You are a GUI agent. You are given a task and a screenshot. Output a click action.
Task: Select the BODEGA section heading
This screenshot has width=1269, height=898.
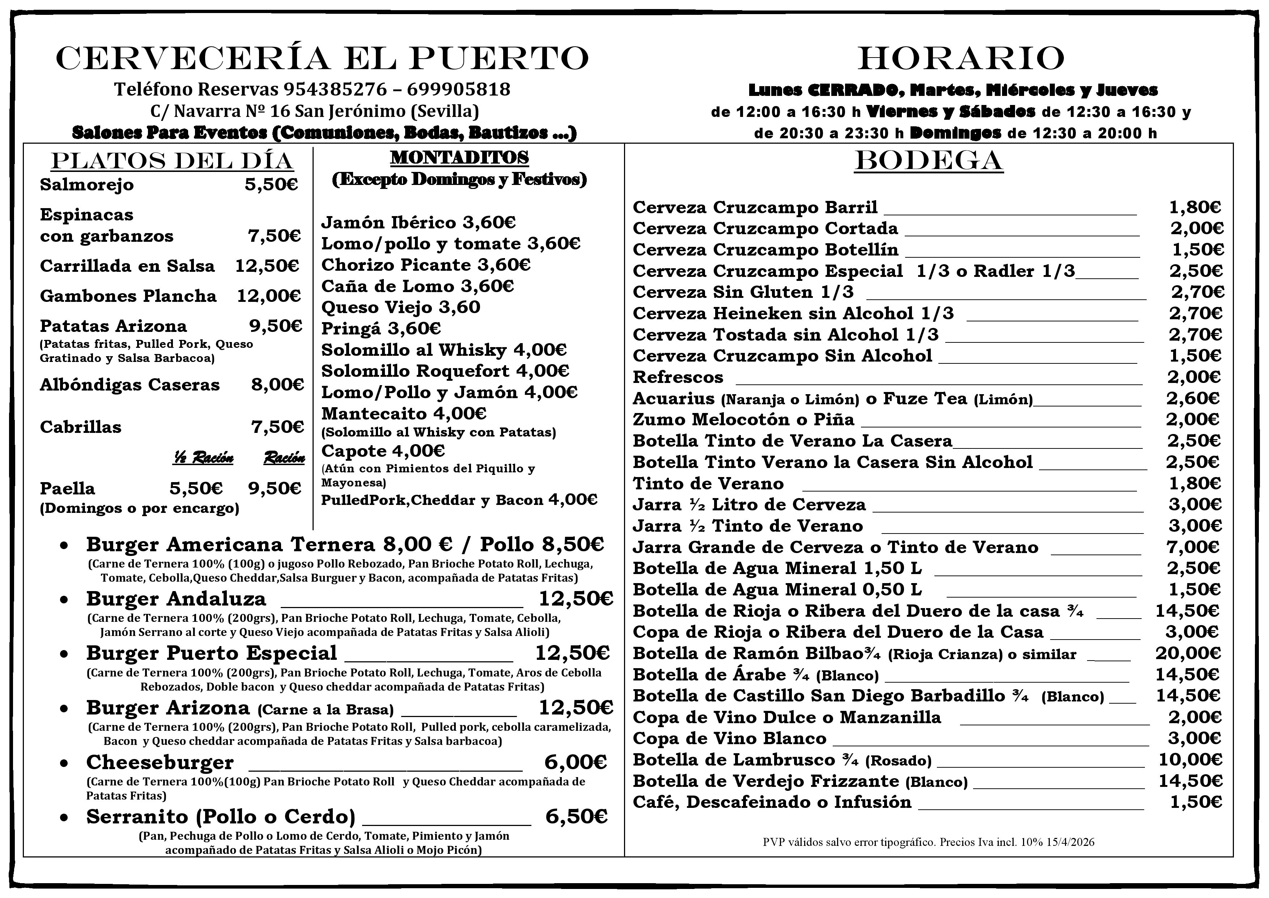coord(929,161)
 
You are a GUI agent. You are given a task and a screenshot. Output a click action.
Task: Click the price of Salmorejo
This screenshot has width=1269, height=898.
coord(271,185)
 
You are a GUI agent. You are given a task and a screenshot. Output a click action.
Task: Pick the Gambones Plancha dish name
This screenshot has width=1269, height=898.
coord(128,296)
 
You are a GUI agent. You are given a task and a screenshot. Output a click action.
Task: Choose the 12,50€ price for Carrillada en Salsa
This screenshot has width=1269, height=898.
coord(267,266)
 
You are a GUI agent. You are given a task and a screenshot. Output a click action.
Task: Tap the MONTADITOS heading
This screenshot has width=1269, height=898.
coord(459,157)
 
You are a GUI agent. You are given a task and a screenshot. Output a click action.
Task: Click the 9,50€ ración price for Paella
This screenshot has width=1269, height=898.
coord(274,488)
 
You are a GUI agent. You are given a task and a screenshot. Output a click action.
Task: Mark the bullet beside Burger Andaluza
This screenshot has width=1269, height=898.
coord(65,599)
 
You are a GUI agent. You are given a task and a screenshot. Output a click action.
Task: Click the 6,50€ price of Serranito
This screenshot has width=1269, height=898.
coord(576,817)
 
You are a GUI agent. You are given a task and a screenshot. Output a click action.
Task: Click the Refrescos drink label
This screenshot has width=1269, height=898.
coord(678,377)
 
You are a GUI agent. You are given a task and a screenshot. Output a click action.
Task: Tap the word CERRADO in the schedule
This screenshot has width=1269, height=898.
coord(852,89)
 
